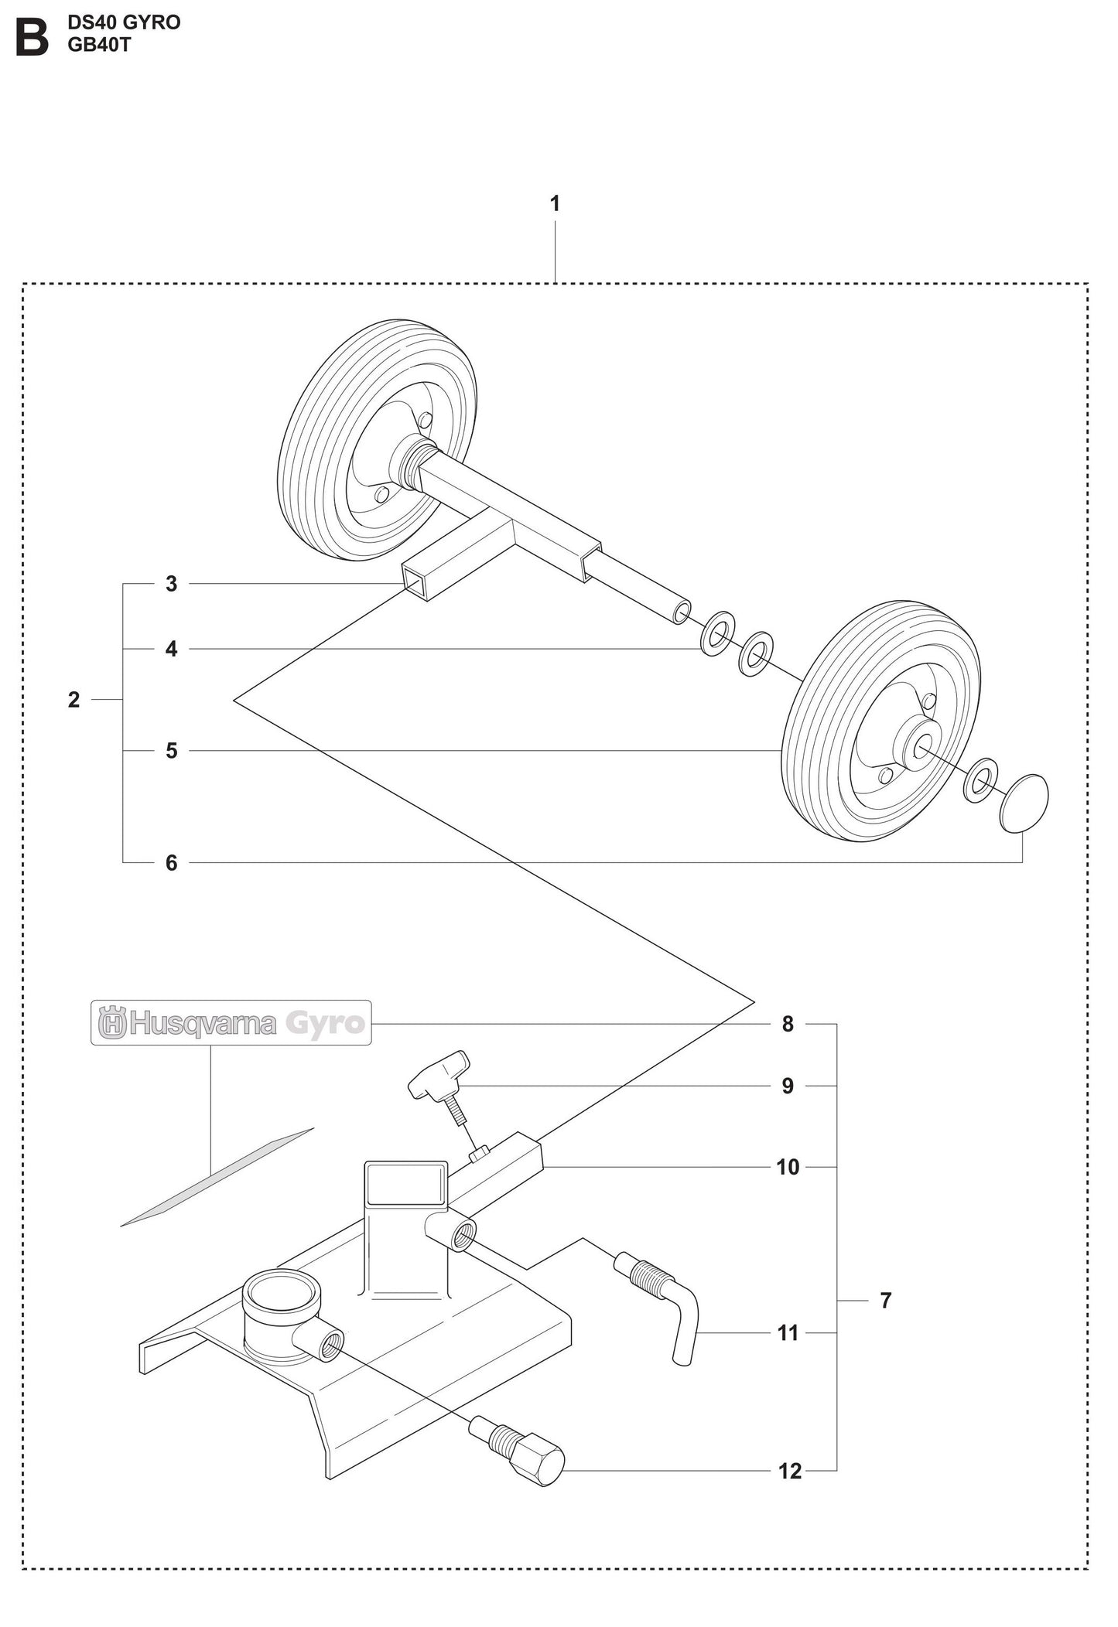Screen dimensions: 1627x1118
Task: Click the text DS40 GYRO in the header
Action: pyautogui.click(x=124, y=22)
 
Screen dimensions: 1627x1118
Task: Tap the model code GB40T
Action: pyautogui.click(x=99, y=45)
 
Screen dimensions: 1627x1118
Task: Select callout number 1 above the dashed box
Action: pyautogui.click(x=555, y=204)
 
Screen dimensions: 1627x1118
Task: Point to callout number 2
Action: pyautogui.click(x=74, y=700)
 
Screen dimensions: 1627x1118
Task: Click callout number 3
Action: pyautogui.click(x=172, y=584)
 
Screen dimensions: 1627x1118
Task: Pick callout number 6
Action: pyautogui.click(x=172, y=862)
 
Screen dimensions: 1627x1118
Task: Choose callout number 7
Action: pyautogui.click(x=887, y=1301)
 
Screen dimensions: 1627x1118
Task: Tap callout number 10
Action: pyautogui.click(x=788, y=1167)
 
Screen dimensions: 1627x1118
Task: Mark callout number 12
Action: pyautogui.click(x=789, y=1471)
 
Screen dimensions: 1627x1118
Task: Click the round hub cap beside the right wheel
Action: pyautogui.click(x=1024, y=803)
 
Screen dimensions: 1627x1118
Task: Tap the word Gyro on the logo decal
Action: pyautogui.click(x=325, y=1023)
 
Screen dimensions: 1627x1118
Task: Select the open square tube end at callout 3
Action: pyautogui.click(x=414, y=581)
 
